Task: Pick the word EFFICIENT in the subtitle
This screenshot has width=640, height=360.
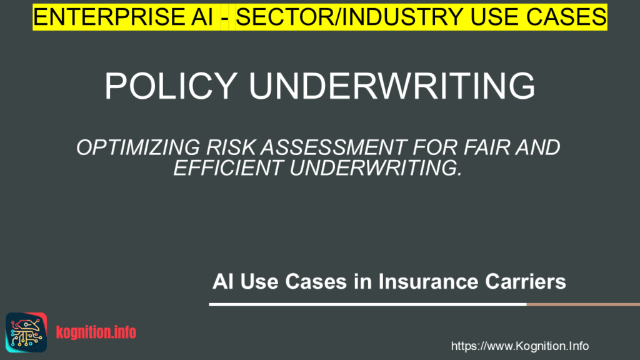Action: (x=226, y=168)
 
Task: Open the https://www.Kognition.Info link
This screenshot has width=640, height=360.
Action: (x=519, y=346)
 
